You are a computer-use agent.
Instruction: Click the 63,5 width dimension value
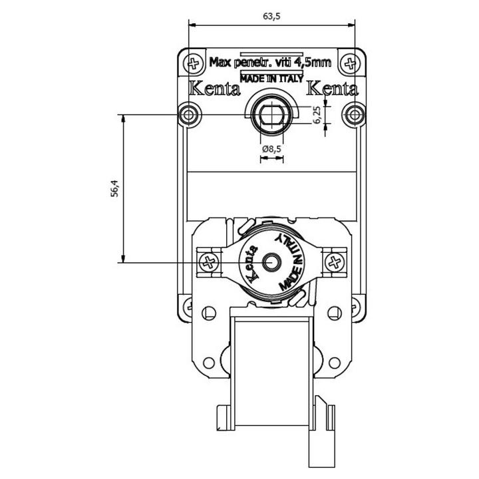pyautogui.click(x=271, y=16)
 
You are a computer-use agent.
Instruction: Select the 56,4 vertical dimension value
pyautogui.click(x=114, y=188)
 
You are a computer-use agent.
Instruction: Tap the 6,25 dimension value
pyautogui.click(x=317, y=115)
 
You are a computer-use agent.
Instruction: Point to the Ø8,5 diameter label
pyautogui.click(x=271, y=149)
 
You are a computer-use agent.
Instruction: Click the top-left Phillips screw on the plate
pyautogui.click(x=194, y=64)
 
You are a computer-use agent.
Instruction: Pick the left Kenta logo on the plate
pyautogui.click(x=214, y=88)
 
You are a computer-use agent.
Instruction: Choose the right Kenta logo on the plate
pyautogui.click(x=332, y=88)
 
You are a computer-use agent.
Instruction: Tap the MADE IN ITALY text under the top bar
pyautogui.click(x=271, y=79)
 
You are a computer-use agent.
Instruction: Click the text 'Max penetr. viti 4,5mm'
pyautogui.click(x=270, y=63)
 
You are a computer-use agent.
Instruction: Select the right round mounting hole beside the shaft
pyautogui.click(x=355, y=115)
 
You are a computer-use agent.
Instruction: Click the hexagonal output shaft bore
pyautogui.click(x=271, y=115)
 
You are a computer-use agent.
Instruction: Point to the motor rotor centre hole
pyautogui.click(x=271, y=262)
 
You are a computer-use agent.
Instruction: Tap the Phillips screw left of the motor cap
pyautogui.click(x=209, y=262)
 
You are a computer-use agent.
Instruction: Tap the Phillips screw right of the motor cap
pyautogui.click(x=335, y=262)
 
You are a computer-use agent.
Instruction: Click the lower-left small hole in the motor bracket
pyautogui.click(x=209, y=363)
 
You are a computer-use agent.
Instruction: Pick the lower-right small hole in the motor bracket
pyautogui.click(x=335, y=363)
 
